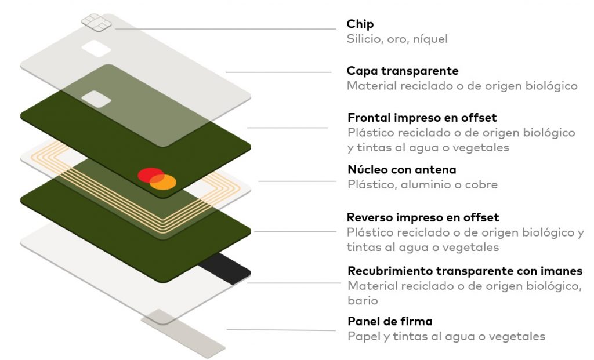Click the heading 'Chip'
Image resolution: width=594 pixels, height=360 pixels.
360,24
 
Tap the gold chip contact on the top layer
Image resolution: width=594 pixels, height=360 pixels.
93,22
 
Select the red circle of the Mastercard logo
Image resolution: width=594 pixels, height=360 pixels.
150,175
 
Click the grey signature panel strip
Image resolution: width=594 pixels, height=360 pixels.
183,333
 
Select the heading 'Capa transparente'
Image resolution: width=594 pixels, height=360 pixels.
403,71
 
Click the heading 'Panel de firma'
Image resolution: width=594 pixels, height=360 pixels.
390,321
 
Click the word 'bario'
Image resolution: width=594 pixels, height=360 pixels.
363,301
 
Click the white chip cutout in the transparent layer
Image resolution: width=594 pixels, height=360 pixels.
97,48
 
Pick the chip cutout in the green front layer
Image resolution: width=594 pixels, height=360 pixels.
96,99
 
